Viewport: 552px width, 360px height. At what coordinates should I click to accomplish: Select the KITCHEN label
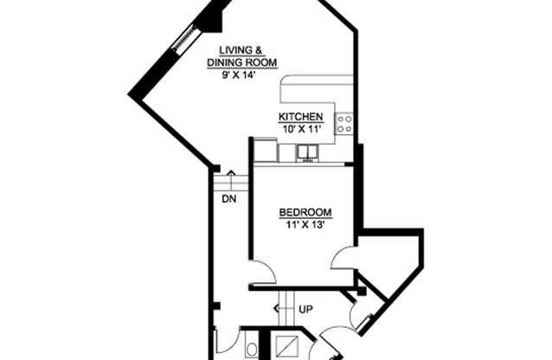click(x=300, y=118)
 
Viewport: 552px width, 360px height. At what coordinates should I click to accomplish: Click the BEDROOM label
click(x=305, y=213)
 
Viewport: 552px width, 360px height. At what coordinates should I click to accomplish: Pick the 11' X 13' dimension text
click(x=305, y=225)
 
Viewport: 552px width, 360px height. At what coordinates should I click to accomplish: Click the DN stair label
click(x=228, y=198)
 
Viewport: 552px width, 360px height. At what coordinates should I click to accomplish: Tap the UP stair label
click(x=305, y=309)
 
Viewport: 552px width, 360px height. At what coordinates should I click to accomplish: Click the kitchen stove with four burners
click(x=345, y=124)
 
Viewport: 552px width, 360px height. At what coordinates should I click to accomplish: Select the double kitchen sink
click(x=306, y=152)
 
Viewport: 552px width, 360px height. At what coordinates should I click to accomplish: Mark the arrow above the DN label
click(x=230, y=177)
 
